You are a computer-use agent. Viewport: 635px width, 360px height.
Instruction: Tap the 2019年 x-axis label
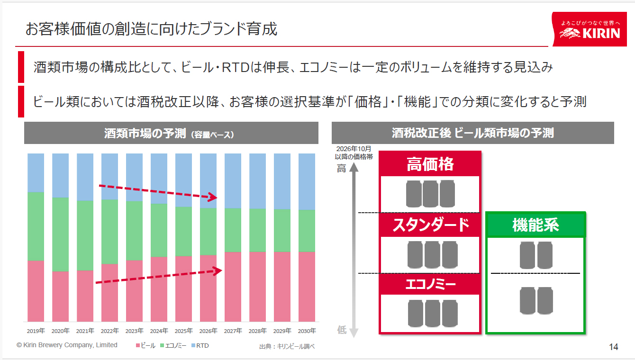click(36, 331)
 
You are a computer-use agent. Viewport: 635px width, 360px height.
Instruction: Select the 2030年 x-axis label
click(307, 331)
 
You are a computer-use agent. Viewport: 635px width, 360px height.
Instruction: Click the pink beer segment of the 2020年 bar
click(60, 296)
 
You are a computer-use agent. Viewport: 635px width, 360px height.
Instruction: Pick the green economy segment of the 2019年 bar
click(36, 226)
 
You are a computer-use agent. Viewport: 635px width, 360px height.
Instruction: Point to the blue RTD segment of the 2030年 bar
click(307, 181)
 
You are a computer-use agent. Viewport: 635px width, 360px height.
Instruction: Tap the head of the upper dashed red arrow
click(214, 197)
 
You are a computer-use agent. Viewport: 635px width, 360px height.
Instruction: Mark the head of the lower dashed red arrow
click(218, 271)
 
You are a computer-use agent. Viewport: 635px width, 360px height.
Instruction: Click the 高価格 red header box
click(430, 164)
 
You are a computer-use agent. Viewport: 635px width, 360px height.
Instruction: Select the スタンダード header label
click(430, 225)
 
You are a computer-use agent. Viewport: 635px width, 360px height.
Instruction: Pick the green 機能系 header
click(535, 225)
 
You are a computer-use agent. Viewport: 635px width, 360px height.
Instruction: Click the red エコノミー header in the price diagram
click(430, 285)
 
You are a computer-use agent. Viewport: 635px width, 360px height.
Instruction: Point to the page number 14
click(613, 347)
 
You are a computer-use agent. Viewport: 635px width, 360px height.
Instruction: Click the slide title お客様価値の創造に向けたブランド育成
click(151, 29)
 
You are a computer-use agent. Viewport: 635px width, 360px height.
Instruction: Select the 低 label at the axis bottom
click(342, 330)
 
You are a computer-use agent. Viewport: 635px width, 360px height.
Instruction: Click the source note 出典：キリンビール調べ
click(287, 347)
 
